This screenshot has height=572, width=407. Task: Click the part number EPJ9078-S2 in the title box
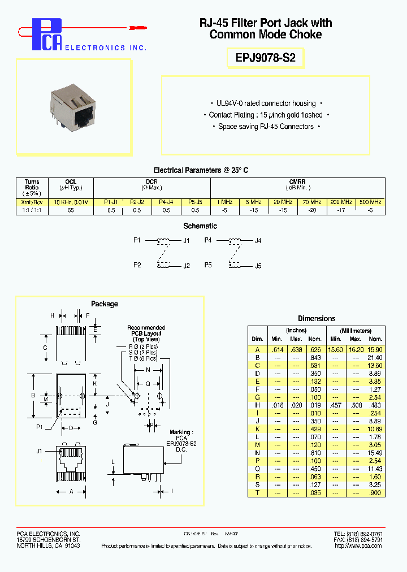(266, 57)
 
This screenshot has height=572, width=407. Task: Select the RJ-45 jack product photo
(74, 107)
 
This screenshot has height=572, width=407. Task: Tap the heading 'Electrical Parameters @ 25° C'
(201, 170)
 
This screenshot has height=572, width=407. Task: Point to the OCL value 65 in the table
(70, 210)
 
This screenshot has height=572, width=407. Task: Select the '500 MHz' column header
(370, 202)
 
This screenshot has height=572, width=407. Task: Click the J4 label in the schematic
(258, 241)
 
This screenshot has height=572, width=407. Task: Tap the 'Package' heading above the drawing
(105, 304)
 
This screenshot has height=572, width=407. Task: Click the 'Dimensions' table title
(317, 319)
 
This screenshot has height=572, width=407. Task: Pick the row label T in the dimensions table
(257, 493)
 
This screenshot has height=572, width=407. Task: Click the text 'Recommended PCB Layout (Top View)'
(146, 333)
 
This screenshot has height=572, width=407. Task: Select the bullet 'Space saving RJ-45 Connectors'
(266, 127)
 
